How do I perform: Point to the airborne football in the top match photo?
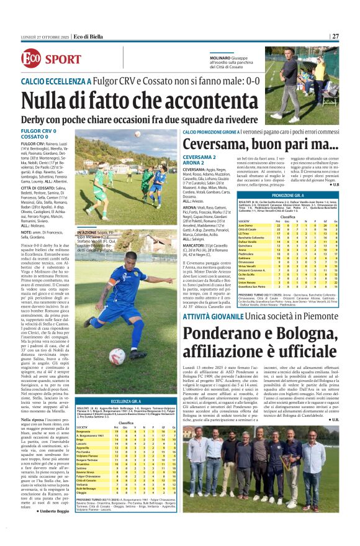(x=137, y=133)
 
